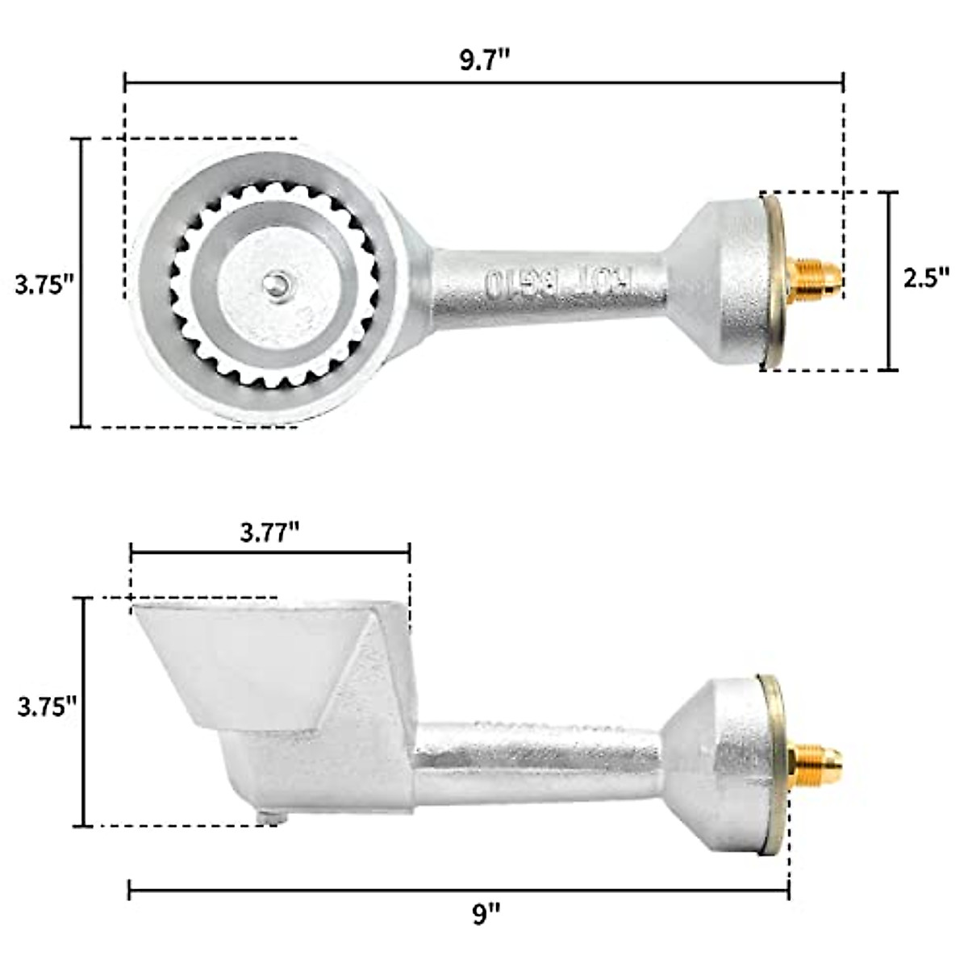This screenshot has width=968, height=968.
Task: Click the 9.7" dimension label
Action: point(485,60)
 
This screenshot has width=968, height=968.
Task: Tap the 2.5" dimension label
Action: point(925,277)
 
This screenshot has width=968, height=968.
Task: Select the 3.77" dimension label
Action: point(270,532)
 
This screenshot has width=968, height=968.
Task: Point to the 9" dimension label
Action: point(486,915)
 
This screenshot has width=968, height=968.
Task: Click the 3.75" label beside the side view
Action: point(47,706)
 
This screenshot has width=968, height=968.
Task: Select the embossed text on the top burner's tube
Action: point(557,282)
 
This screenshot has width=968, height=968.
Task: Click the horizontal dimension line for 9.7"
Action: point(484,81)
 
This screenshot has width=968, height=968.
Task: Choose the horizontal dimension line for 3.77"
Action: point(270,553)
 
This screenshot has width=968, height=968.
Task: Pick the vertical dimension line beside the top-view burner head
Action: point(81,282)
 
